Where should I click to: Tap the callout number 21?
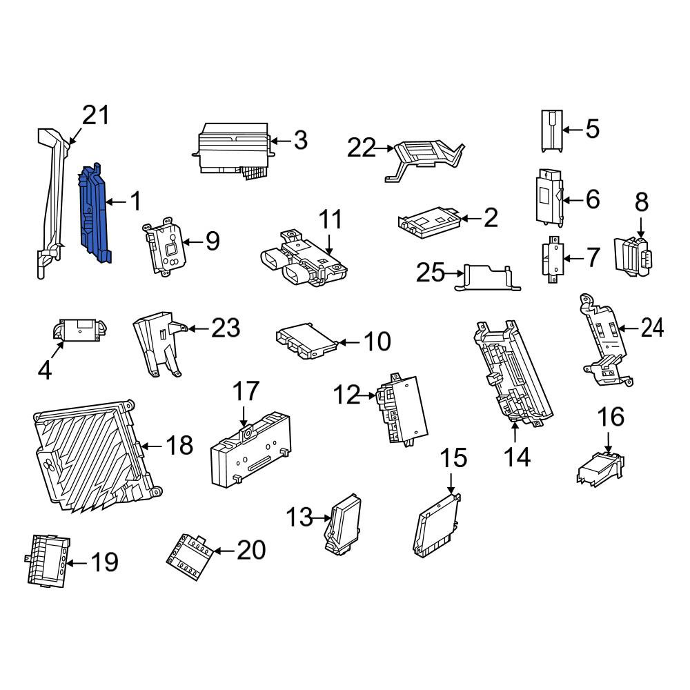(x=96, y=116)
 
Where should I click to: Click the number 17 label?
(x=246, y=391)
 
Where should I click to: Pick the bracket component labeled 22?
(x=424, y=159)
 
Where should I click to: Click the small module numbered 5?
(x=552, y=131)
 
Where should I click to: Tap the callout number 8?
(x=641, y=202)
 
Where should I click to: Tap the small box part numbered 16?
(x=600, y=468)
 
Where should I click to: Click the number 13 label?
(x=299, y=517)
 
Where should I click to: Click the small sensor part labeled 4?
(x=80, y=330)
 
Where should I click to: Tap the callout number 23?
(x=226, y=328)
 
